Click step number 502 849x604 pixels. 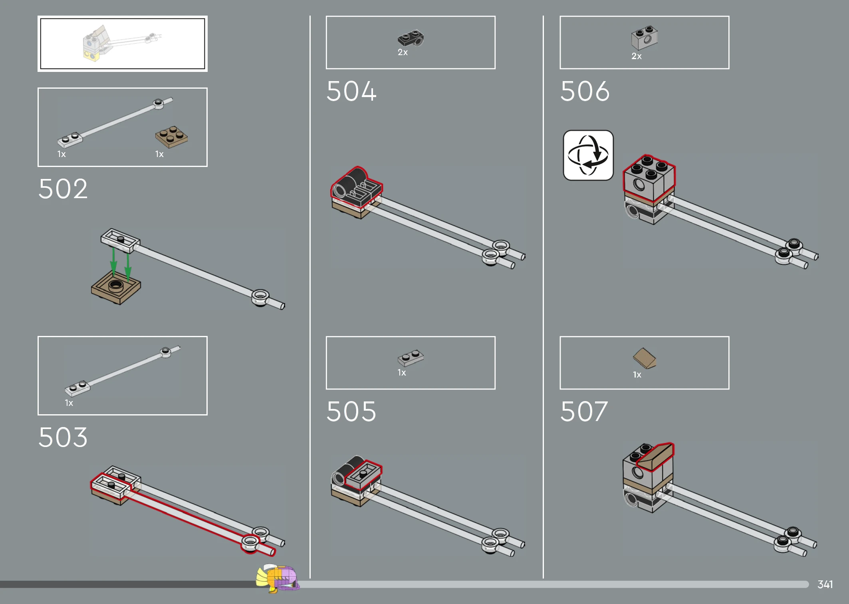pyautogui.click(x=63, y=189)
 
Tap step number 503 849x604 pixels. pyautogui.click(x=63, y=437)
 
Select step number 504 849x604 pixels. pyautogui.click(x=351, y=91)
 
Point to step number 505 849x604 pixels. pyautogui.click(x=351, y=411)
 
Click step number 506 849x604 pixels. pyautogui.click(x=585, y=91)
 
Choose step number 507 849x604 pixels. pyautogui.click(x=584, y=411)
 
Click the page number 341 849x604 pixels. pyautogui.click(x=825, y=584)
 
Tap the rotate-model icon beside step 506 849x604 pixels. pyautogui.click(x=588, y=155)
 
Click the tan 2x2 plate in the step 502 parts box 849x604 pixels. pyautogui.click(x=172, y=137)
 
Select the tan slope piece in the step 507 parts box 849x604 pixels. pyautogui.click(x=644, y=358)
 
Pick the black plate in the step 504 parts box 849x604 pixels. pyautogui.click(x=411, y=38)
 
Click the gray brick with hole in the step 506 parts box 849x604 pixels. pyautogui.click(x=645, y=38)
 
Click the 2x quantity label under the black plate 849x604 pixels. pyautogui.click(x=403, y=52)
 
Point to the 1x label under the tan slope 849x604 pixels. pyautogui.click(x=637, y=375)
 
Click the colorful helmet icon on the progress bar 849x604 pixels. pyautogui.click(x=278, y=578)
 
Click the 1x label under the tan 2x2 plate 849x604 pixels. pyautogui.click(x=159, y=154)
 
